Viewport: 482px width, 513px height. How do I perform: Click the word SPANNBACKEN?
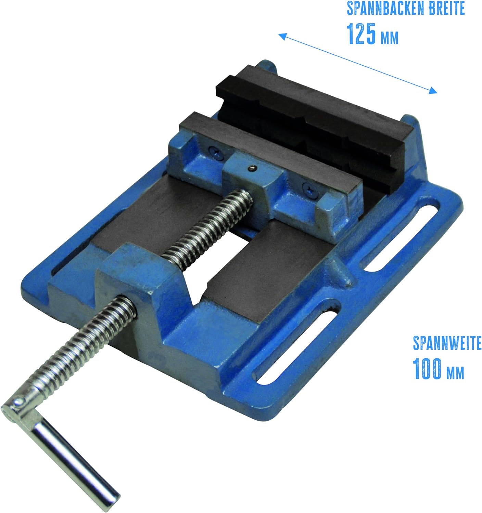pos(385,9)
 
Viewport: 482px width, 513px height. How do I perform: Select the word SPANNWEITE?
pos(447,343)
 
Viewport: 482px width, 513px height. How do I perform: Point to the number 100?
pos(427,369)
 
